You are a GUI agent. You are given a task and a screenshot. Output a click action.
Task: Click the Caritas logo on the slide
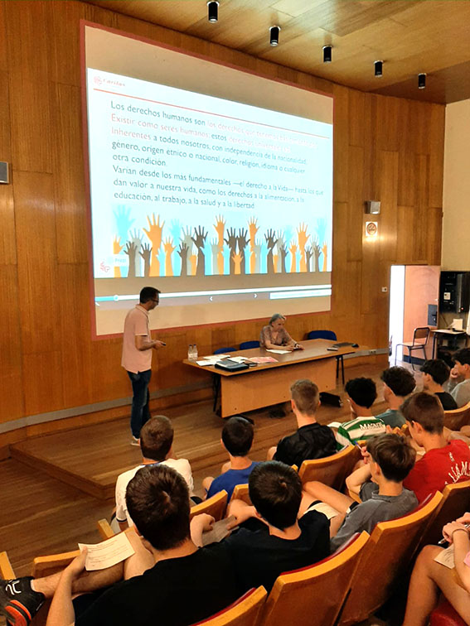pyautogui.click(x=109, y=81)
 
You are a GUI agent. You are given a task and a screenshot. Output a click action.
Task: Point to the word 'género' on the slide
pyautogui.click(x=125, y=145)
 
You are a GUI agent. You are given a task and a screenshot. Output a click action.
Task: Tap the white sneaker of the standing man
pyautogui.click(x=135, y=441)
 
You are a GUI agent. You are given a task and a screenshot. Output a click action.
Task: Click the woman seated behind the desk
pyautogui.click(x=277, y=332)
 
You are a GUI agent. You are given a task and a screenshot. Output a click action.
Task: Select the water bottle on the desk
pyautogui.click(x=192, y=352)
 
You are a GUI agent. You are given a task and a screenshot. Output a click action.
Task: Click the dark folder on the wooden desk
pyautogui.click(x=230, y=364)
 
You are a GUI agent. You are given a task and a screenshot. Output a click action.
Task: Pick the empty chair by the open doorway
pyautogui.click(x=414, y=343)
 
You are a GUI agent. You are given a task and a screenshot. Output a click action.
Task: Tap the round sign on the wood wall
pyautogui.click(x=371, y=228)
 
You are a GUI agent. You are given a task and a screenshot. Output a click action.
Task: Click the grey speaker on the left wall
pyautogui.click(x=4, y=172)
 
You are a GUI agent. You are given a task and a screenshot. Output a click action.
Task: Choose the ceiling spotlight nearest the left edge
pyautogui.click(x=213, y=12)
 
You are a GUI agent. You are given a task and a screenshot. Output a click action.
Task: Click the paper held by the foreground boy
pyautogui.click(x=107, y=551)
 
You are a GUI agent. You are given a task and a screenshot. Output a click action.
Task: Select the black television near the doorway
pyautogui.click(x=453, y=291)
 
